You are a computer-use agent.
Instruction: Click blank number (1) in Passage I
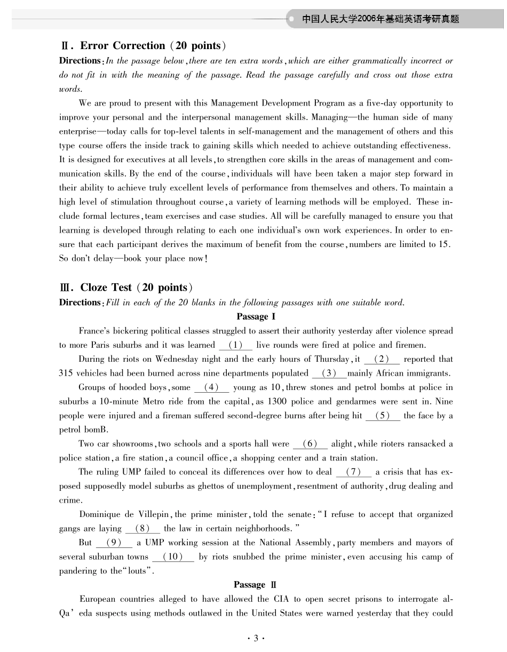click(x=235, y=345)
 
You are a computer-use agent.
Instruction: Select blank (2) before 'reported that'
click(x=382, y=359)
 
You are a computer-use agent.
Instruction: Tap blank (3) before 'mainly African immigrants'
click(x=329, y=373)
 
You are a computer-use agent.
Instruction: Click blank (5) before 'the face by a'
click(x=383, y=416)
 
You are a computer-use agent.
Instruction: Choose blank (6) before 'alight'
click(x=310, y=444)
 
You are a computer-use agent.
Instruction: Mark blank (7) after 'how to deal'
click(x=354, y=472)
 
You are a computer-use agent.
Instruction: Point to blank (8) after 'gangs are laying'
click(x=142, y=529)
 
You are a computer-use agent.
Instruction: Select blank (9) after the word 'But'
click(x=114, y=543)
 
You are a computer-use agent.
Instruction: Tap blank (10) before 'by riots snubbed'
click(x=173, y=557)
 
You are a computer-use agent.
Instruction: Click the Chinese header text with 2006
click(x=381, y=20)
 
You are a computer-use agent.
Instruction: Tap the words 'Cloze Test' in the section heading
click(x=106, y=288)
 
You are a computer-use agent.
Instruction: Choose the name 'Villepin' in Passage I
click(x=154, y=515)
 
